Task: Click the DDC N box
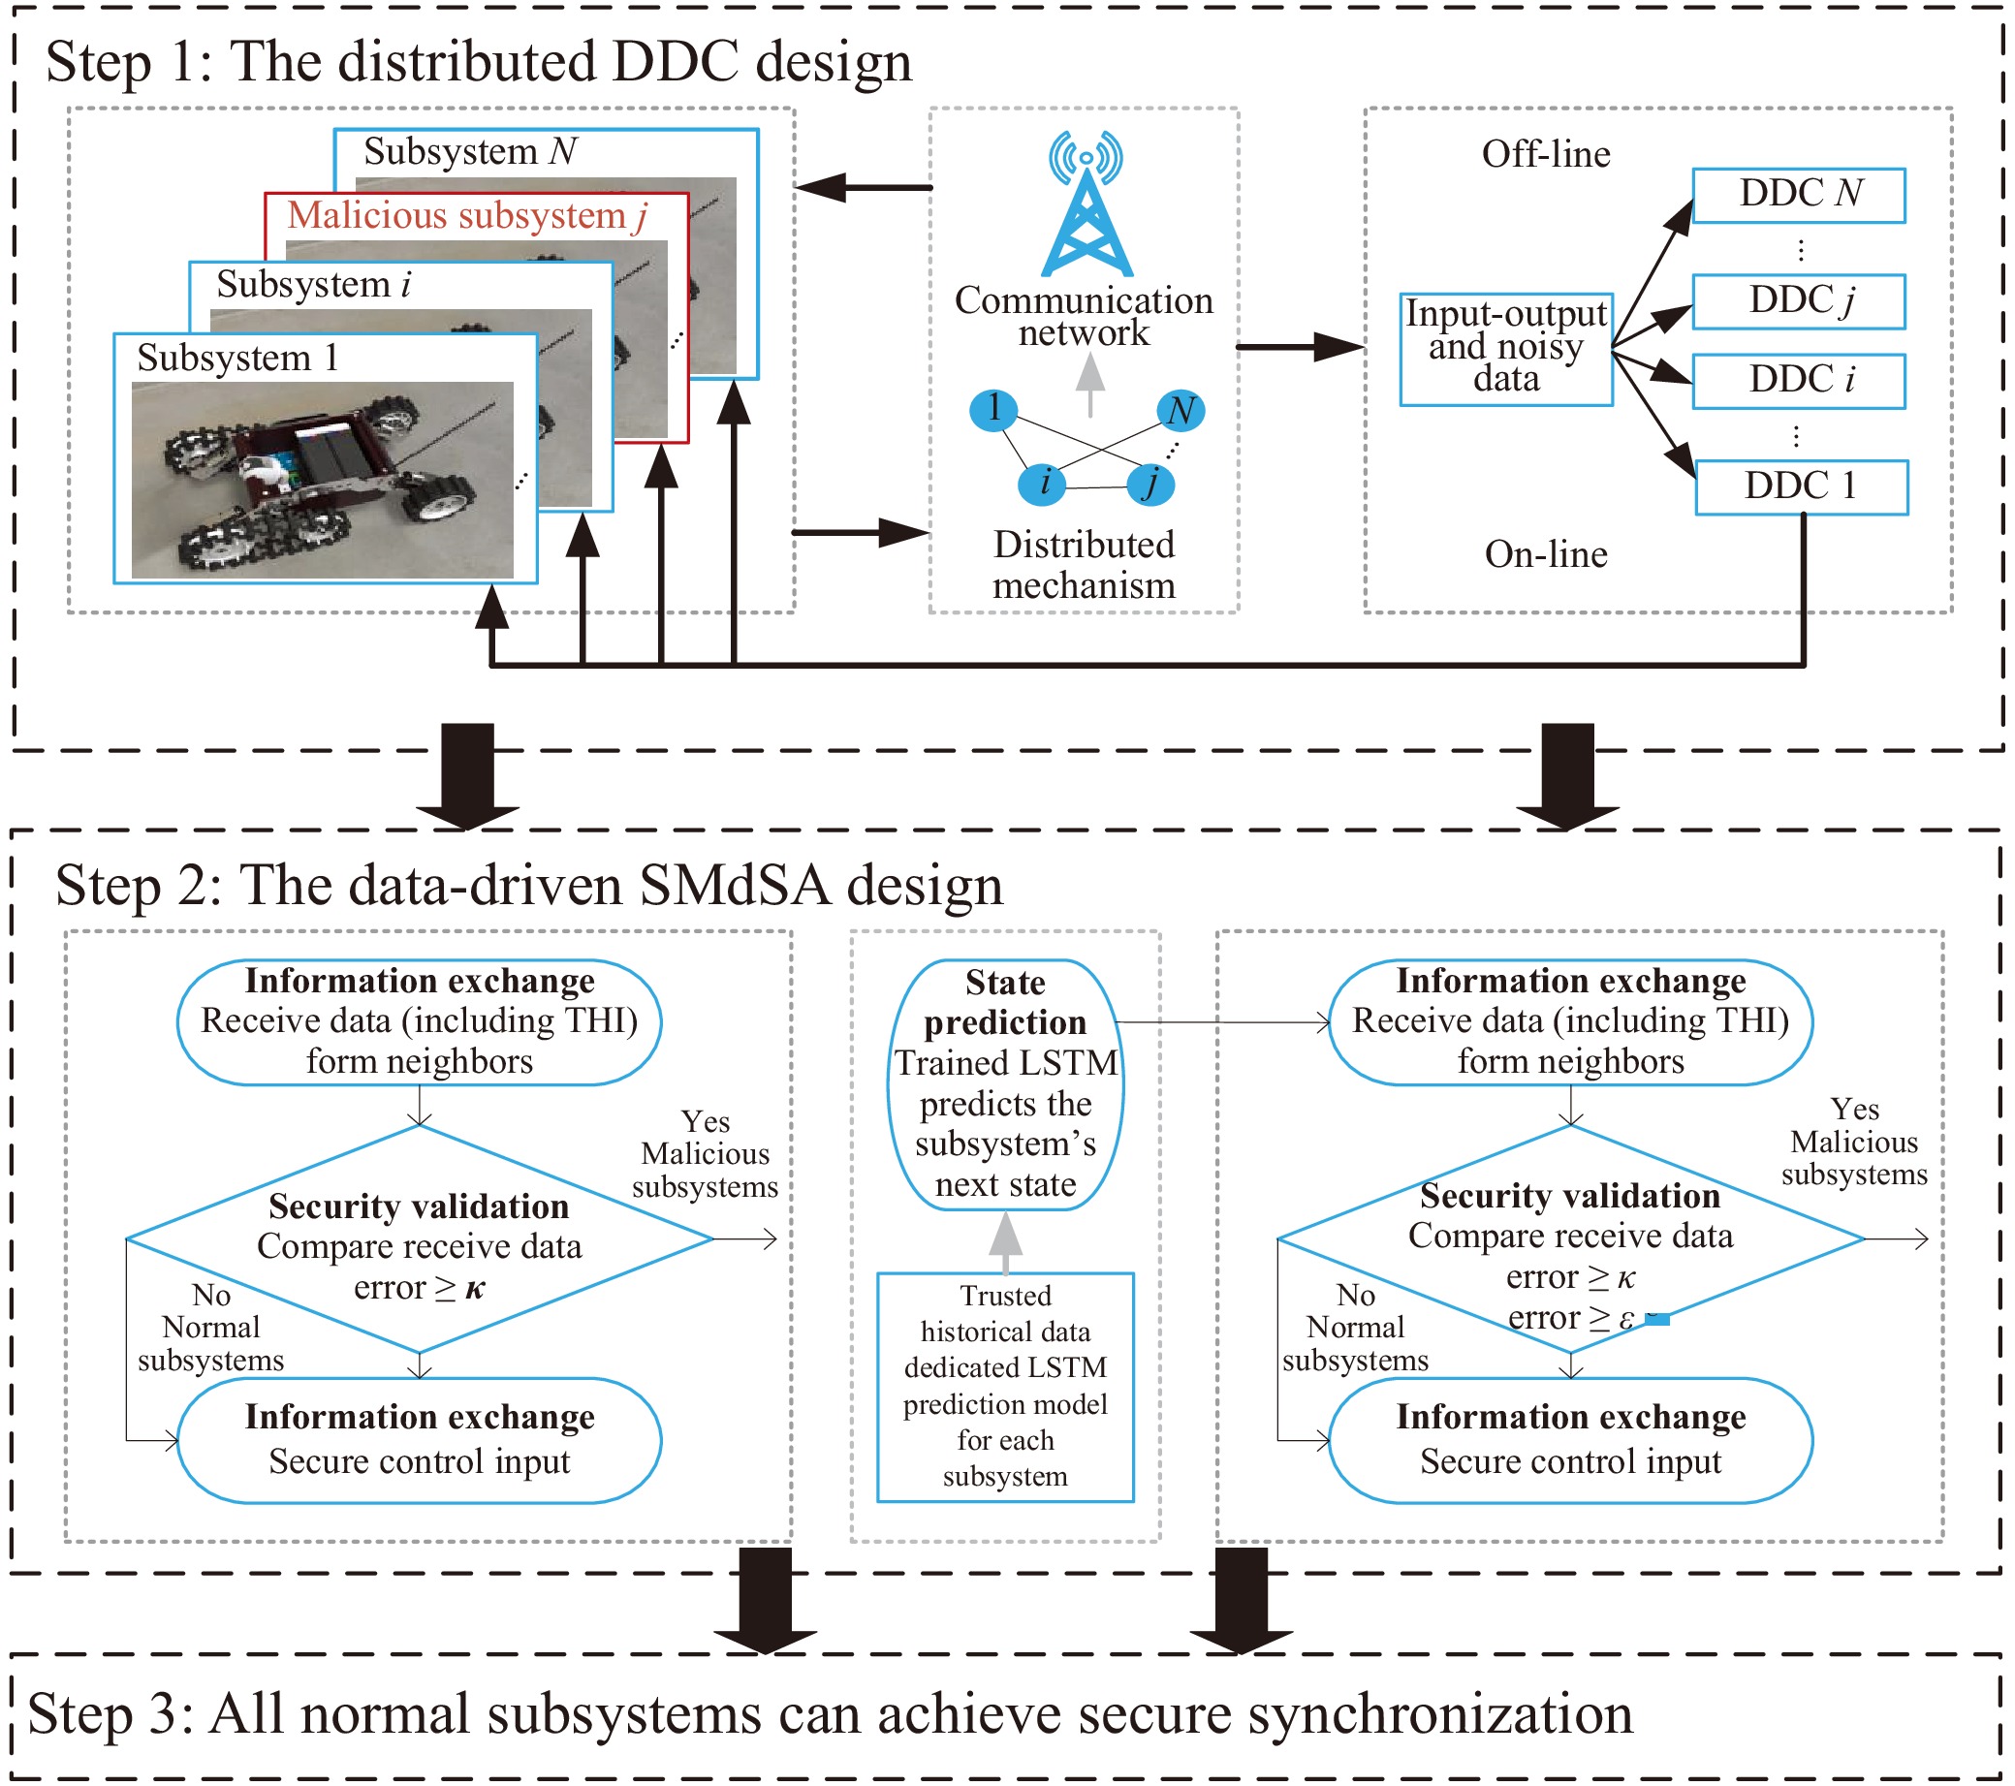click(1799, 195)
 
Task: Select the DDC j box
click(1799, 301)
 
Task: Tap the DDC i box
click(1799, 382)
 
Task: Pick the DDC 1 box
click(1802, 486)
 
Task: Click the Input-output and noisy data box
click(1506, 349)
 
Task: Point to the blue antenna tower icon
click(1086, 204)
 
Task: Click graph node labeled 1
click(993, 409)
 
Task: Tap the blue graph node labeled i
click(1041, 484)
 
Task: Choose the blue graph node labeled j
click(1150, 484)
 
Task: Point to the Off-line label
click(1546, 154)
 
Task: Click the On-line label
click(1546, 554)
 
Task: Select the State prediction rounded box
click(1005, 1085)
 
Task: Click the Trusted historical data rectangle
click(1005, 1388)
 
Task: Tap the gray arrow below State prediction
click(1005, 1242)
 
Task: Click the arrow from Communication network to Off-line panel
click(1300, 347)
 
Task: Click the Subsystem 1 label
click(237, 358)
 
